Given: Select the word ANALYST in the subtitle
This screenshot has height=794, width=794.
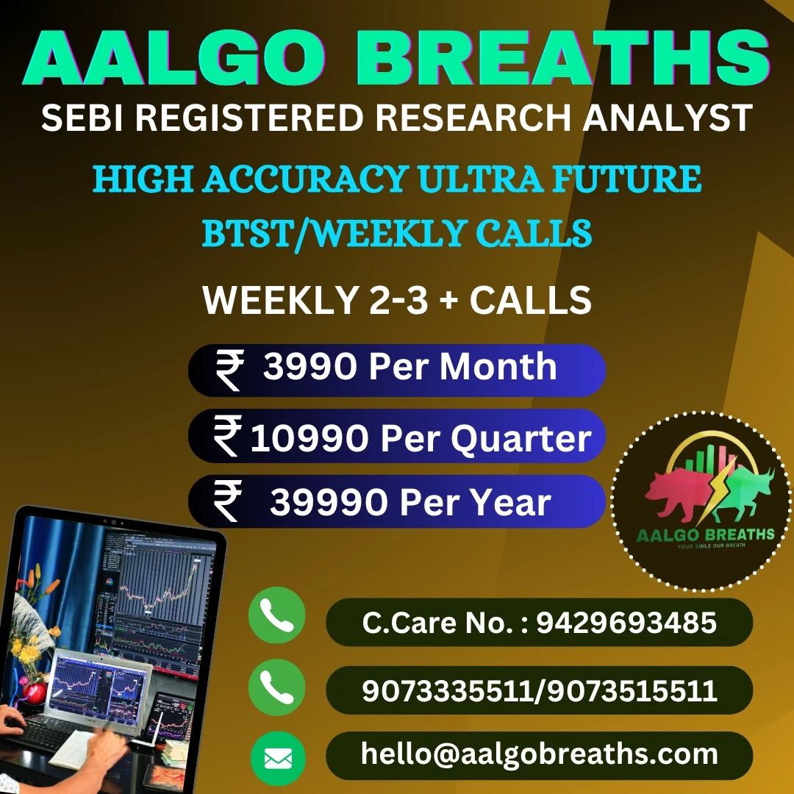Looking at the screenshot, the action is click(668, 118).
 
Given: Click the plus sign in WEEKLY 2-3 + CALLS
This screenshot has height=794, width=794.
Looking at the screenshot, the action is click(448, 300).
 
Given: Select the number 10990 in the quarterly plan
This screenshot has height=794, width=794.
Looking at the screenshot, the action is click(310, 437).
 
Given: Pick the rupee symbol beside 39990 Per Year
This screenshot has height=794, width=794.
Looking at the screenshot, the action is click(227, 501).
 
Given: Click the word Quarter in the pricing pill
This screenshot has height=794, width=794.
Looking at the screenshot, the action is click(521, 438).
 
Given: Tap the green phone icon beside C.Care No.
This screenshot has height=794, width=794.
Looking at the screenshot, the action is click(277, 615).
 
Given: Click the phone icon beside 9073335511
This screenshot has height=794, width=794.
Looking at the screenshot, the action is click(277, 687).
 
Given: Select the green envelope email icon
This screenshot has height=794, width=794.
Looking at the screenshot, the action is click(278, 759).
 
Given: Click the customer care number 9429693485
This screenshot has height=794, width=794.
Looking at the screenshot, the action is click(626, 623).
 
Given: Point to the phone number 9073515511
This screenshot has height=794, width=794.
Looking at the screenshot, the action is click(632, 690).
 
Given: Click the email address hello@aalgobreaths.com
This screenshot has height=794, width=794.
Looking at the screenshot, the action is click(540, 754).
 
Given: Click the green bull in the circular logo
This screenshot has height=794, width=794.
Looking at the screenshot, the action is click(743, 494).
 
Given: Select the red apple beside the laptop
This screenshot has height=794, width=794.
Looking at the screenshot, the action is click(35, 693).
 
